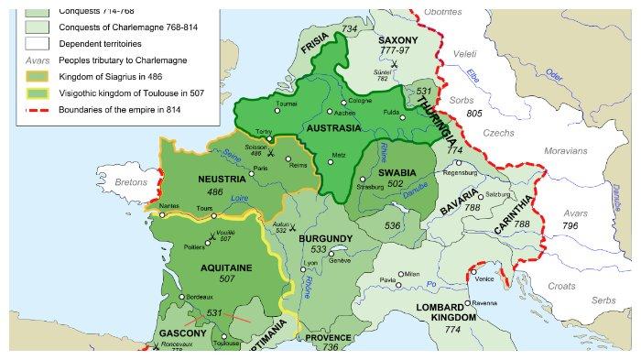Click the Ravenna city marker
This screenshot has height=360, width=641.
pos(467,302)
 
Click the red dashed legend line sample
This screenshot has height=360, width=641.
pos(38,109)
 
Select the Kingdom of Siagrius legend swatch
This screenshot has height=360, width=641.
pos(38,76)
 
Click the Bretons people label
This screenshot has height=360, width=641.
pos(130,181)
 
